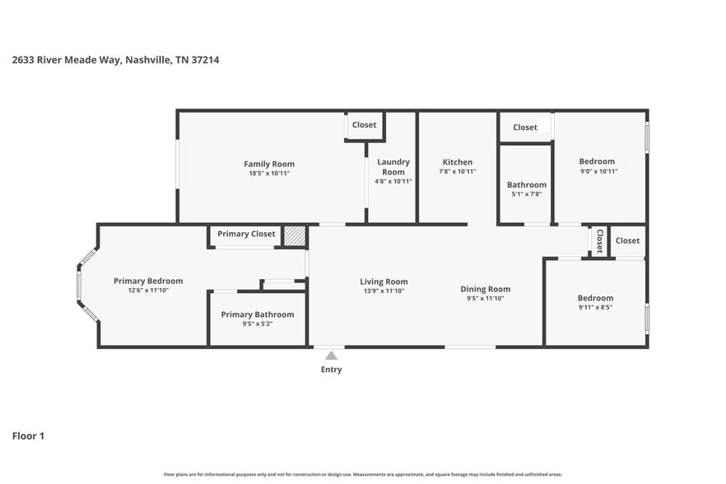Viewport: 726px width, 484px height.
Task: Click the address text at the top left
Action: tap(115, 59)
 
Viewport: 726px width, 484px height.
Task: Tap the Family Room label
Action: tap(268, 164)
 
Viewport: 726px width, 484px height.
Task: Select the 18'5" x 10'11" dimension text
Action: tap(268, 174)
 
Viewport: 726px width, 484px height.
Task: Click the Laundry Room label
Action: tap(393, 167)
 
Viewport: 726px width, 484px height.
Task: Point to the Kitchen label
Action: tap(458, 162)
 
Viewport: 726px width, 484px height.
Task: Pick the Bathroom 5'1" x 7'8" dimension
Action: tap(526, 194)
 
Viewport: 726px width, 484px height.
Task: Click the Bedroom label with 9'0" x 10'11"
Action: tap(597, 161)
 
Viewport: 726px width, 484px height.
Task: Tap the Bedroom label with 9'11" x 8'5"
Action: tap(595, 298)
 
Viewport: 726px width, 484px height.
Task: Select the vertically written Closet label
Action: tap(599, 241)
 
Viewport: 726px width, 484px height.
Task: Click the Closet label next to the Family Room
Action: tap(364, 125)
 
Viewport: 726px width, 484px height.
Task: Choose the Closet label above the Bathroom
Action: tap(524, 128)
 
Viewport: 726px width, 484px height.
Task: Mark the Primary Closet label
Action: tap(246, 234)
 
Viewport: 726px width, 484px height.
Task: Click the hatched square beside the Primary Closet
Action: tap(295, 235)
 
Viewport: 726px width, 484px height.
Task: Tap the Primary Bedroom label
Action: tap(148, 281)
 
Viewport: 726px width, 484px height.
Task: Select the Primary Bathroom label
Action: tap(257, 314)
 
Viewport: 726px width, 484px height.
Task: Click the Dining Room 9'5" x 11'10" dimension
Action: tap(485, 299)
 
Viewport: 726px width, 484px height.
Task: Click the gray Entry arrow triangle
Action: tap(331, 356)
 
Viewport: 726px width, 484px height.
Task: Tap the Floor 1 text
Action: tap(28, 435)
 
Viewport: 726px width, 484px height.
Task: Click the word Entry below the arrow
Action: tap(331, 370)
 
